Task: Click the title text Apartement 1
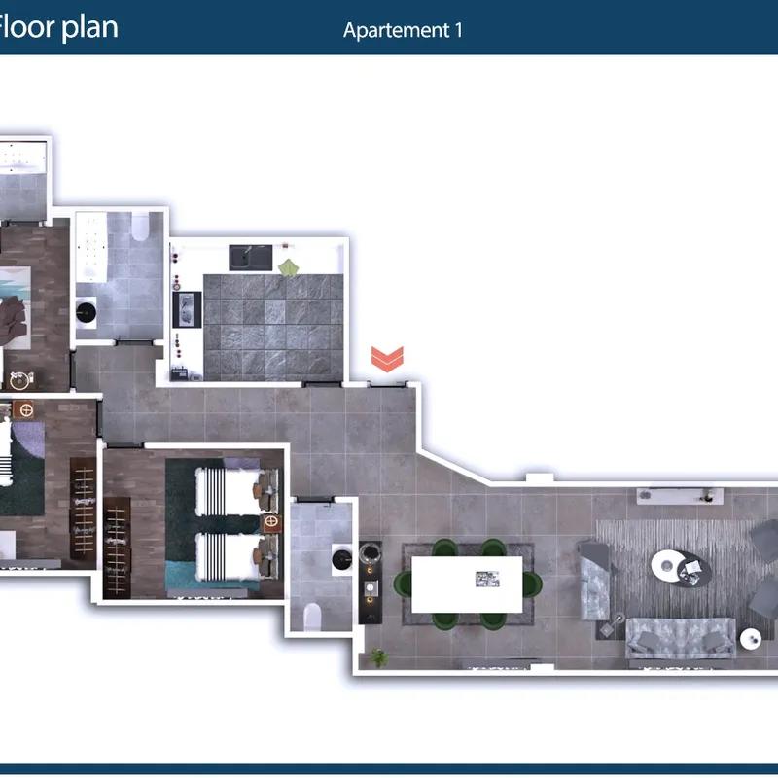pos(403,30)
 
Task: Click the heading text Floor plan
pos(57,27)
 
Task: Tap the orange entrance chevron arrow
pos(387,359)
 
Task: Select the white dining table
pos(467,584)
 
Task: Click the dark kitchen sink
pos(250,257)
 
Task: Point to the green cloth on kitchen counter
pos(288,267)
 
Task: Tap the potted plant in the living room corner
pos(379,657)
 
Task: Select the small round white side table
pos(750,639)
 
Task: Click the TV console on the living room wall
pos(679,495)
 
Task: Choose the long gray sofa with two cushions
pos(680,638)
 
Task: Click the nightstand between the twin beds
pos(270,522)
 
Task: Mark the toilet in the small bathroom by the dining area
pos(312,617)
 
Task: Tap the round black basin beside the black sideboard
pos(342,560)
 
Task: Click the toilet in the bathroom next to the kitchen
pos(140,227)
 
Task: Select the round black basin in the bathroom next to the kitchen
pos(87,312)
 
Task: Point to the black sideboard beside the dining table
pos(371,582)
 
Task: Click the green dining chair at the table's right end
pos(533,584)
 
